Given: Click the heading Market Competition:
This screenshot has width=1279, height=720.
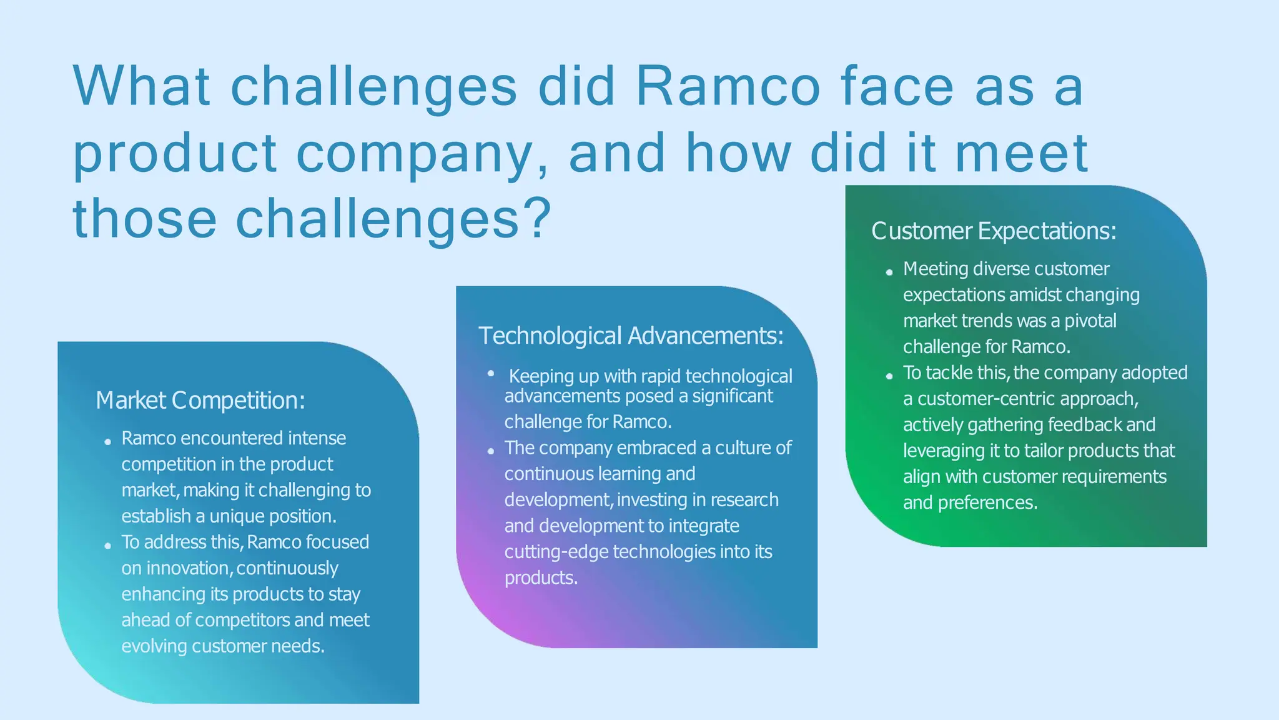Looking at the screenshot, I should click(200, 400).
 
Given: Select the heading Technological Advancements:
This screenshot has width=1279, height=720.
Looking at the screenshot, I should click(631, 336).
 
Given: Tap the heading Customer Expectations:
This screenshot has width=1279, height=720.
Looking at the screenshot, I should click(994, 231).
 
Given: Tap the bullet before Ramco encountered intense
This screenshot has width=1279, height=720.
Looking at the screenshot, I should click(107, 442).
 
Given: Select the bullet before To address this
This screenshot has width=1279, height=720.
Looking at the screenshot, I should click(107, 546).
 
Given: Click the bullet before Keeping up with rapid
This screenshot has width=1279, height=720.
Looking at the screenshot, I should click(491, 373).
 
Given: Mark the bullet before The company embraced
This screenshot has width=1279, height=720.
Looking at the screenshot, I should click(491, 451).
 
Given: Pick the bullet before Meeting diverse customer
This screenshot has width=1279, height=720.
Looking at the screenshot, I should click(889, 272).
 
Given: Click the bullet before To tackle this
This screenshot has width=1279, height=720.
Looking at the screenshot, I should click(889, 376).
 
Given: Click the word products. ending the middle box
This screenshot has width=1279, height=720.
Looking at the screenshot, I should click(541, 578).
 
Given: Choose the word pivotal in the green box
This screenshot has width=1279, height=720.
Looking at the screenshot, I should click(1090, 321).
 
